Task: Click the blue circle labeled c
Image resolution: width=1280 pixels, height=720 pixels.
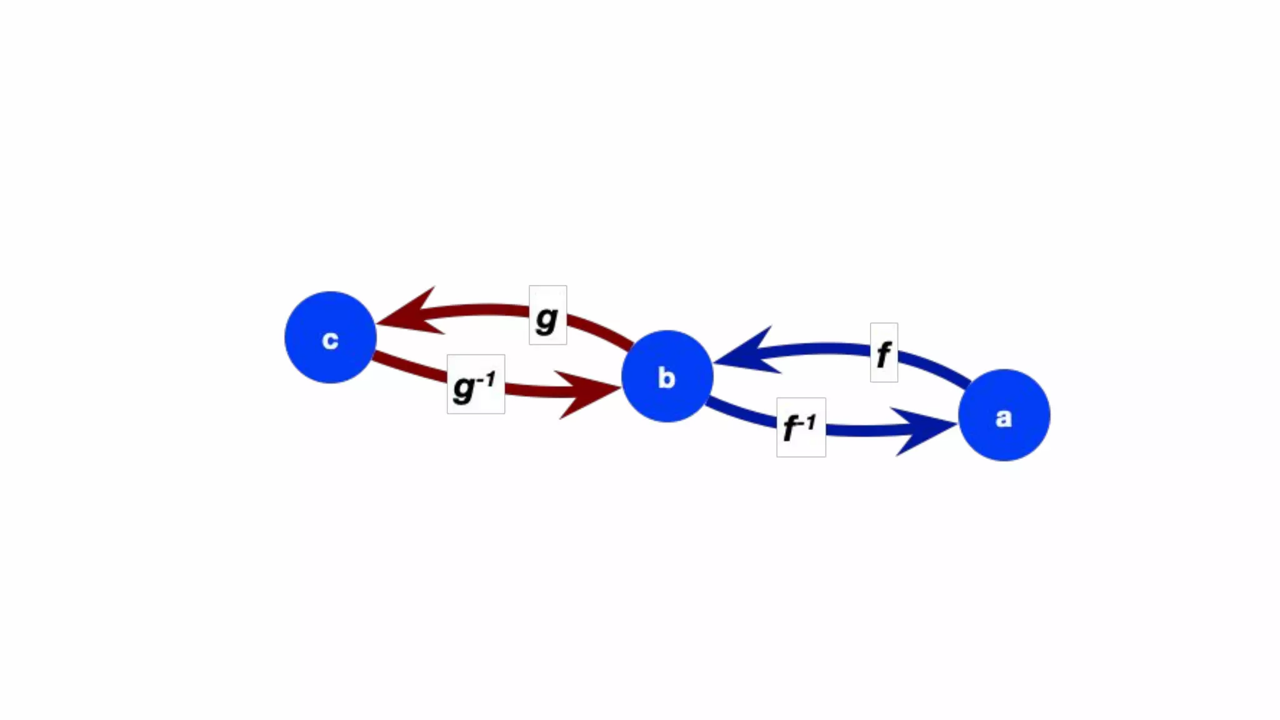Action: click(330, 337)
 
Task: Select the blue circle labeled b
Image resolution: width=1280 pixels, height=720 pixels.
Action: click(667, 376)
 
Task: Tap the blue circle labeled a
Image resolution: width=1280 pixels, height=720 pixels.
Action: click(1004, 415)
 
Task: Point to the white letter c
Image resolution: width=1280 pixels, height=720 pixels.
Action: click(330, 340)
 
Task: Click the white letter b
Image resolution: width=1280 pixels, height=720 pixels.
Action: click(667, 378)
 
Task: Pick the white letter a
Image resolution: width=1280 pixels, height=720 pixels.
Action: click(1004, 417)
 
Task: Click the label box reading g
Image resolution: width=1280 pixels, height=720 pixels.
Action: click(547, 315)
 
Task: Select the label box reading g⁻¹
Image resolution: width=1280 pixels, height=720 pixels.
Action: click(476, 384)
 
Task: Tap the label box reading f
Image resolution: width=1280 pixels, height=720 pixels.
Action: click(884, 352)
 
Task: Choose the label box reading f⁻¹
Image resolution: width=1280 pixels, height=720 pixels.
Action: click(801, 427)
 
